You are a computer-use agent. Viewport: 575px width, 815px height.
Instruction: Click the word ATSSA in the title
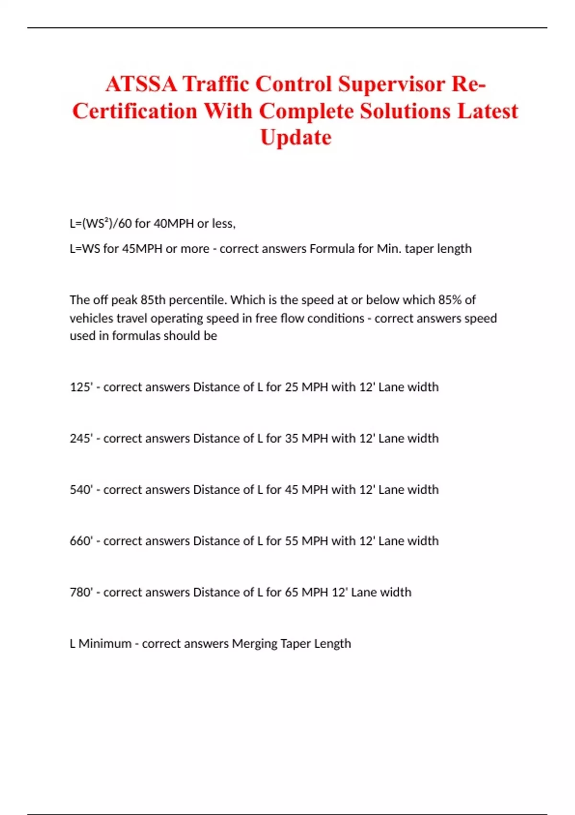coord(141,84)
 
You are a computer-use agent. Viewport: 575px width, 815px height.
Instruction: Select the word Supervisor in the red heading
coord(391,84)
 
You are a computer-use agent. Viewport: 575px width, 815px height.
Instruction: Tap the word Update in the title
coord(296,138)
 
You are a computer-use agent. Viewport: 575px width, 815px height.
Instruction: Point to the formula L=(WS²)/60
coord(101,224)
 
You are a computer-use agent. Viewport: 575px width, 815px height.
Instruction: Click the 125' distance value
coord(81,387)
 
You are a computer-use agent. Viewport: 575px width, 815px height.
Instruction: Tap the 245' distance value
coord(81,438)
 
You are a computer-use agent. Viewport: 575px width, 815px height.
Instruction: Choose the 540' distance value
coord(81,489)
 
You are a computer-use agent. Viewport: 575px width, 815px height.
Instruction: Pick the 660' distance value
coord(81,541)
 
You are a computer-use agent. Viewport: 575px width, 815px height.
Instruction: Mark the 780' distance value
coord(81,592)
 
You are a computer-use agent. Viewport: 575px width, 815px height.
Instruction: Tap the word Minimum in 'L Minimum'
coord(104,643)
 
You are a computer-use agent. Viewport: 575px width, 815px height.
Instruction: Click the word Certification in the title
coord(135,111)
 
